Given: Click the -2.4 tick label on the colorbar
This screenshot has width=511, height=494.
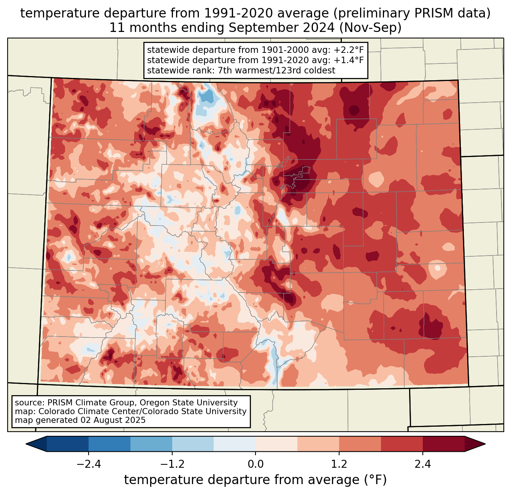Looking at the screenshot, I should click(x=89, y=464).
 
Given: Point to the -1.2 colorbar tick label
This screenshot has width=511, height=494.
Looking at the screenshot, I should click(x=172, y=464).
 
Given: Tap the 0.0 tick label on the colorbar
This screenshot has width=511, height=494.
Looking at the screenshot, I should click(x=255, y=464).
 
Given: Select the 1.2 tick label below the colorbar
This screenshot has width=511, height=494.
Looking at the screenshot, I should click(x=339, y=464).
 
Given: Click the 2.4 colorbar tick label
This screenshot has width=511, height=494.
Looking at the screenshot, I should click(x=422, y=464).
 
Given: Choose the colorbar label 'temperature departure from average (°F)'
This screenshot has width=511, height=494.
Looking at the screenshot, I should click(x=255, y=480).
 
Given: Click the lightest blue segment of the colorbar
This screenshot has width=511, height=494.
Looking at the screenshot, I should click(x=235, y=444).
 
